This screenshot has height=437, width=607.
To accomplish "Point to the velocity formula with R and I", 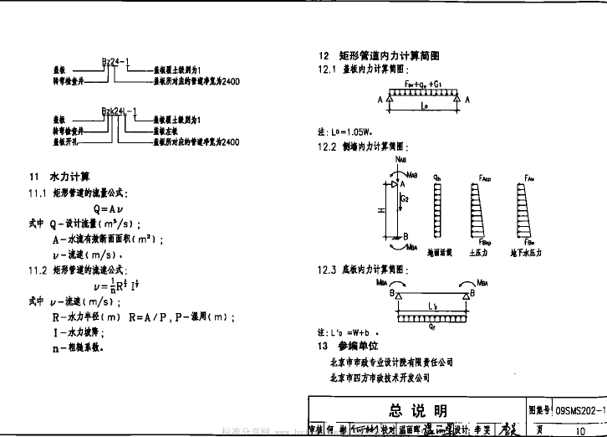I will (x=114, y=285).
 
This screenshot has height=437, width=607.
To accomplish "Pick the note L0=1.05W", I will (x=343, y=132).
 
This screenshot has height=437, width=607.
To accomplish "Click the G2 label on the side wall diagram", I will (x=403, y=199).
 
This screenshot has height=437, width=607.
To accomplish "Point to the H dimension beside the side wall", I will (x=380, y=210).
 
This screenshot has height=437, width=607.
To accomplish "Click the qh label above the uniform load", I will (x=436, y=178).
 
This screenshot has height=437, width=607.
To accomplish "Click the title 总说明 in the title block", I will (x=419, y=410).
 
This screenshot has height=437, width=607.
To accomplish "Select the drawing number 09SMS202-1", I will (x=579, y=410).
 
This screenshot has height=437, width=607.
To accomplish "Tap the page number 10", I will (x=580, y=429).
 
